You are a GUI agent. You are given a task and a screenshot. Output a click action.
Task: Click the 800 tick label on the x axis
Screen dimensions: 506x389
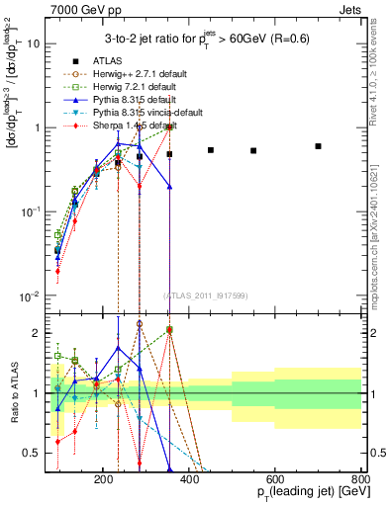pyautogui.click(x=359, y=477)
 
